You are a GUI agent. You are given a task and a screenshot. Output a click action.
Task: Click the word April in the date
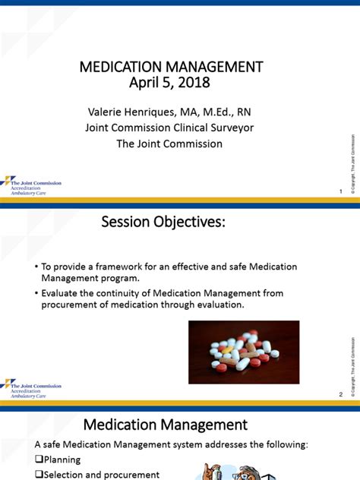coord(142,82)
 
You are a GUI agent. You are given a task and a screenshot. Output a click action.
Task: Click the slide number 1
coord(341,191)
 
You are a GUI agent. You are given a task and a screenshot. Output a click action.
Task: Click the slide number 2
coord(341,394)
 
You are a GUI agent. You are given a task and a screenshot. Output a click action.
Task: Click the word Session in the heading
coord(130,223)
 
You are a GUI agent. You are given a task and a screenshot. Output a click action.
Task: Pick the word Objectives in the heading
coord(193,223)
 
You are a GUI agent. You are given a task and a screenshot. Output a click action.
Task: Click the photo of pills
coord(244,352)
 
